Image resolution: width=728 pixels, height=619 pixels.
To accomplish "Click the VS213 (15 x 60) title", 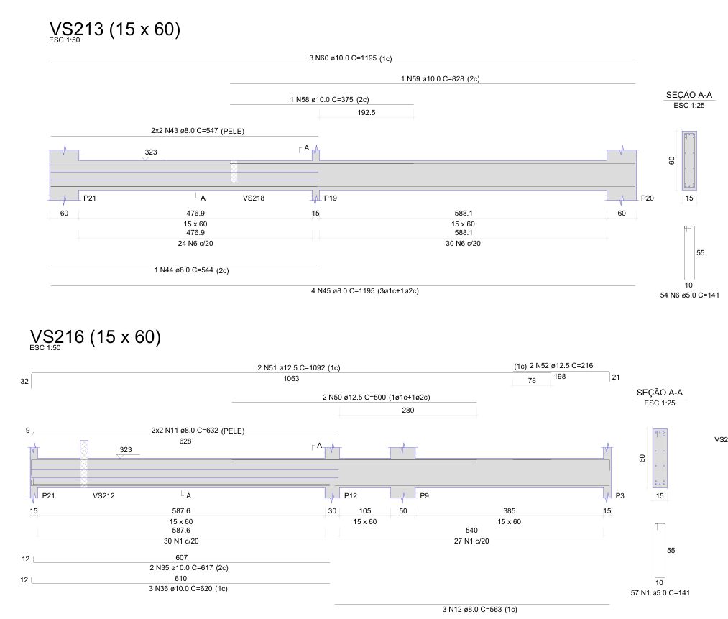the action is [x=115, y=29].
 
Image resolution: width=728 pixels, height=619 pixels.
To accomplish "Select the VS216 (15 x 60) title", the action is [x=95, y=336].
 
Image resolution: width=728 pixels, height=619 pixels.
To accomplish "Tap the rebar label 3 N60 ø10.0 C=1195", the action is [x=343, y=58].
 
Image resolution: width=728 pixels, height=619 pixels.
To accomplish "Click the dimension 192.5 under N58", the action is [x=367, y=112].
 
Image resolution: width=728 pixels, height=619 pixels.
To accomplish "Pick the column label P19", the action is [x=331, y=198].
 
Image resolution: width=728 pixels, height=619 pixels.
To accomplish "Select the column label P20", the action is [x=648, y=198].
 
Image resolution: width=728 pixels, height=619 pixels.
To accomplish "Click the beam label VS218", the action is [x=254, y=198].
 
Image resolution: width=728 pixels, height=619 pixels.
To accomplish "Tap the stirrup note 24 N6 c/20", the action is [x=195, y=243].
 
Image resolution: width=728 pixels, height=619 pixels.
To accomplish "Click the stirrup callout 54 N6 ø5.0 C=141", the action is [x=689, y=295].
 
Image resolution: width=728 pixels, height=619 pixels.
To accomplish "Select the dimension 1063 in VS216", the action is [x=291, y=378].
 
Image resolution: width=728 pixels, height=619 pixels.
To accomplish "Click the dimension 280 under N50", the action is [x=408, y=410].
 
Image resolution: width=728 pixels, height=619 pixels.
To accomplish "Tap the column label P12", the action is [x=351, y=495].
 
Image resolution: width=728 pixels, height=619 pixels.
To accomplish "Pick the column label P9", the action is [x=424, y=495].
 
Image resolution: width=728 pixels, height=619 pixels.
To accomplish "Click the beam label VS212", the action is [x=103, y=495].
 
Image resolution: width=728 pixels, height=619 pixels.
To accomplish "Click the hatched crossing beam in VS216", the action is [x=84, y=464].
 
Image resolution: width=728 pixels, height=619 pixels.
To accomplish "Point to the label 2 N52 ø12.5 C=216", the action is [x=561, y=365].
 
